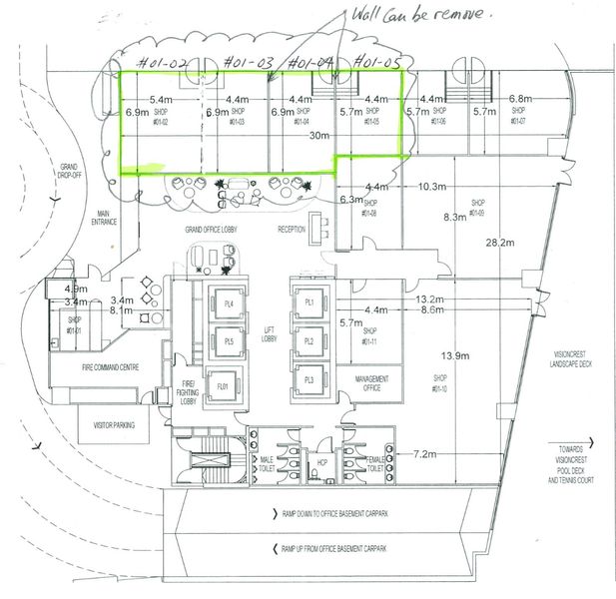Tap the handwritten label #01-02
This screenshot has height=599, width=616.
(x=165, y=63)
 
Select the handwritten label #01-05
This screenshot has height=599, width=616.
(x=376, y=63)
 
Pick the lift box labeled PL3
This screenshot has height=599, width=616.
(x=308, y=380)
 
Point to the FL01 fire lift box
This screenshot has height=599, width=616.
(x=223, y=385)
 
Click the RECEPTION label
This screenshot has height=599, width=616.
(x=292, y=229)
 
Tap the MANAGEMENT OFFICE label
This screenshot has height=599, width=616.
(x=363, y=383)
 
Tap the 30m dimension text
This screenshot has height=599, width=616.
(x=319, y=135)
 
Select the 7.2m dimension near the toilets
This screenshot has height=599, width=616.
(x=423, y=454)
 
